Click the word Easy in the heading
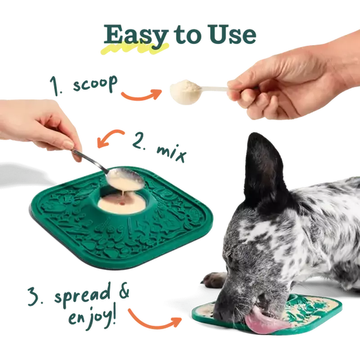click(136, 35)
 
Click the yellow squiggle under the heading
click(135, 49)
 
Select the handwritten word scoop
click(95, 84)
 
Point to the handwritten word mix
click(171, 153)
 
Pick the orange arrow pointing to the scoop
click(141, 95)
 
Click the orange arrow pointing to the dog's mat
click(154, 321)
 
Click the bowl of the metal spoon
click(126, 180)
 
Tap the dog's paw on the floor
click(213, 279)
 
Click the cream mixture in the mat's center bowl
click(122, 203)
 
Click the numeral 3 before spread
click(35, 297)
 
